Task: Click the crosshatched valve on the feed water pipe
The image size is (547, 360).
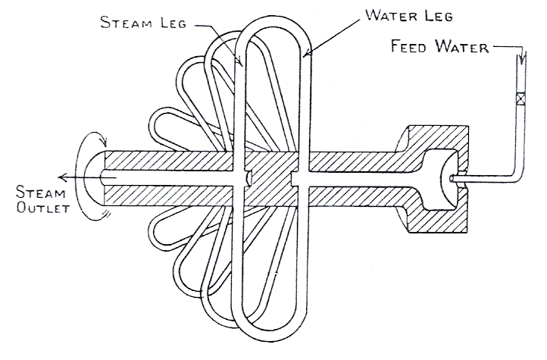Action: [x=520, y=99]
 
